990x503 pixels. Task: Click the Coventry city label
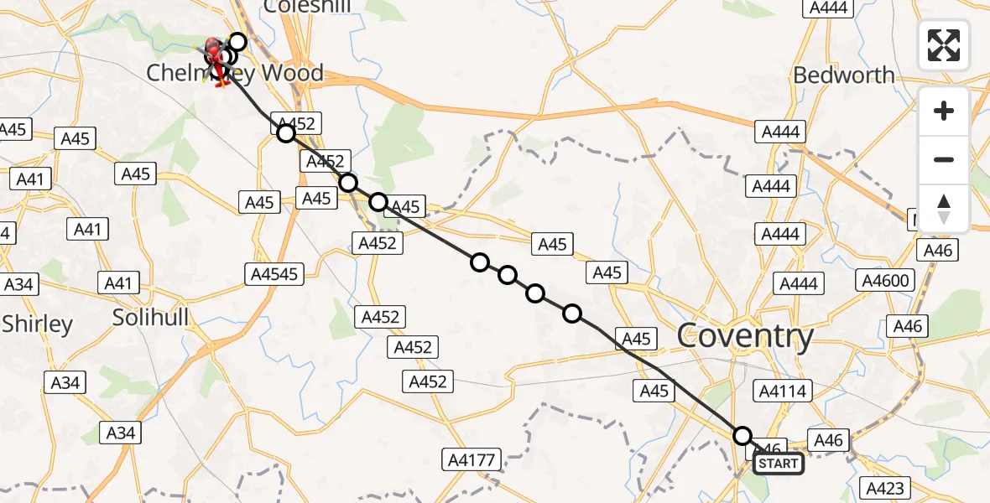(745, 337)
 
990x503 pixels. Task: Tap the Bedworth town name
(843, 75)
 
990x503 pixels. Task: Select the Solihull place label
(151, 318)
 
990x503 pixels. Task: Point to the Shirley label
(37, 324)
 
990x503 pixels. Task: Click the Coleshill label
(307, 7)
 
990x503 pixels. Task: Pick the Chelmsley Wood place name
(235, 74)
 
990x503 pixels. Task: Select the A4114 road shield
(782, 390)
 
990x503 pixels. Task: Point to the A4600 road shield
(886, 280)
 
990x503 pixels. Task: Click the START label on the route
(778, 464)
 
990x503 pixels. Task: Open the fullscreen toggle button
(944, 45)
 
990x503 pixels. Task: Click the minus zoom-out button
(944, 159)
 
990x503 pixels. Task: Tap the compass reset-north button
(944, 209)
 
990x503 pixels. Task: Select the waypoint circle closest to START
(742, 436)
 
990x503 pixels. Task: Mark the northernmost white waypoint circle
(237, 42)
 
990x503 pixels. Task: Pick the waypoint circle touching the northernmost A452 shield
(286, 132)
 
